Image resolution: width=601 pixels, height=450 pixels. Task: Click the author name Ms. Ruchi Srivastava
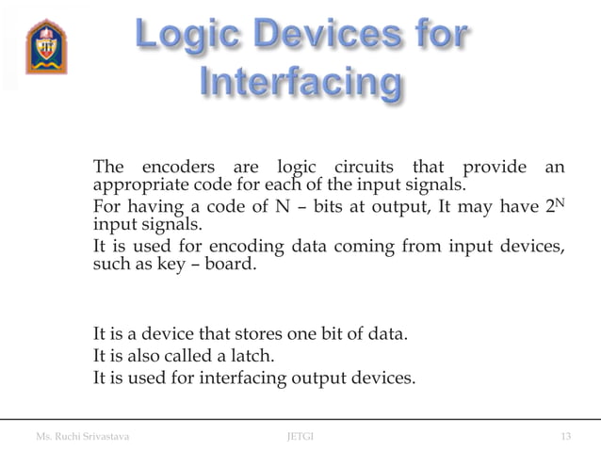pyautogui.click(x=83, y=436)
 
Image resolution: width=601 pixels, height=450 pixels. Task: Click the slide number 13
pyautogui.click(x=565, y=436)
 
